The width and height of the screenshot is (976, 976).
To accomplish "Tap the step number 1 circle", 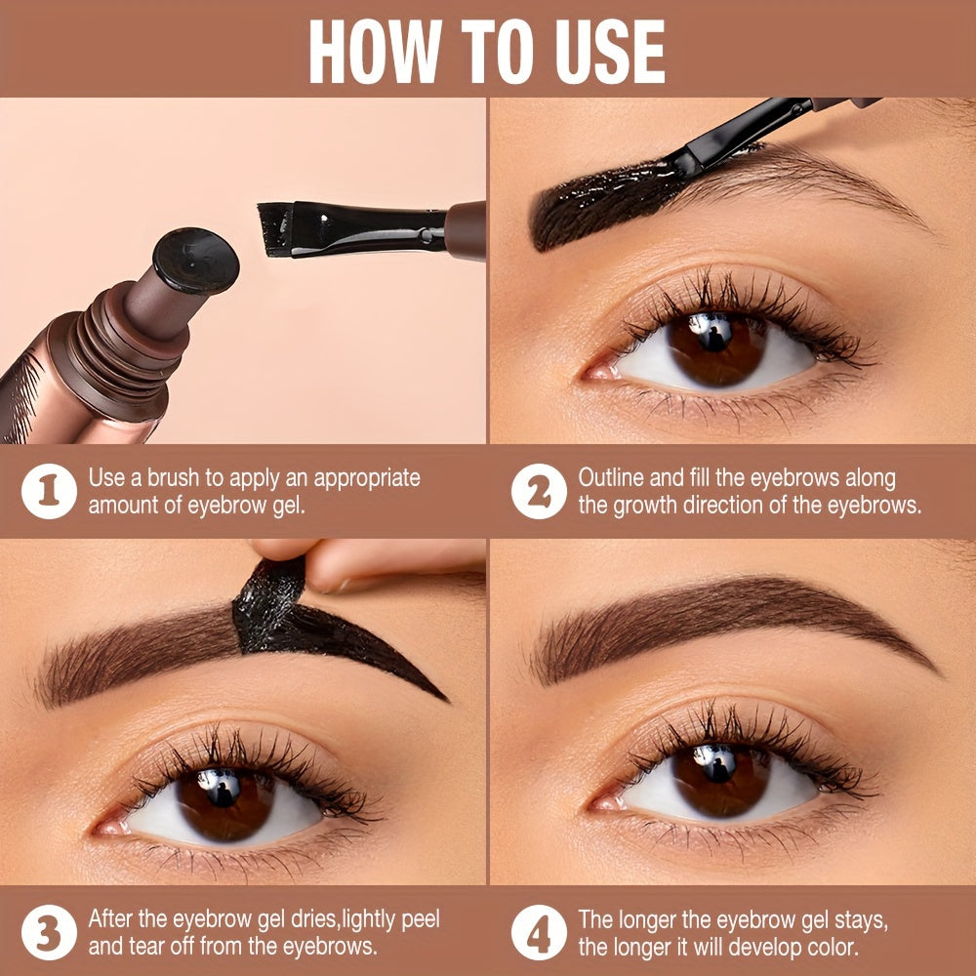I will pos(50,491).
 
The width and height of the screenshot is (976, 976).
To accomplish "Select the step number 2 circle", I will pos(539,491).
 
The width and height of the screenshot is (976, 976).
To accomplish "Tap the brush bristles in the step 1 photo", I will pos(276,229).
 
